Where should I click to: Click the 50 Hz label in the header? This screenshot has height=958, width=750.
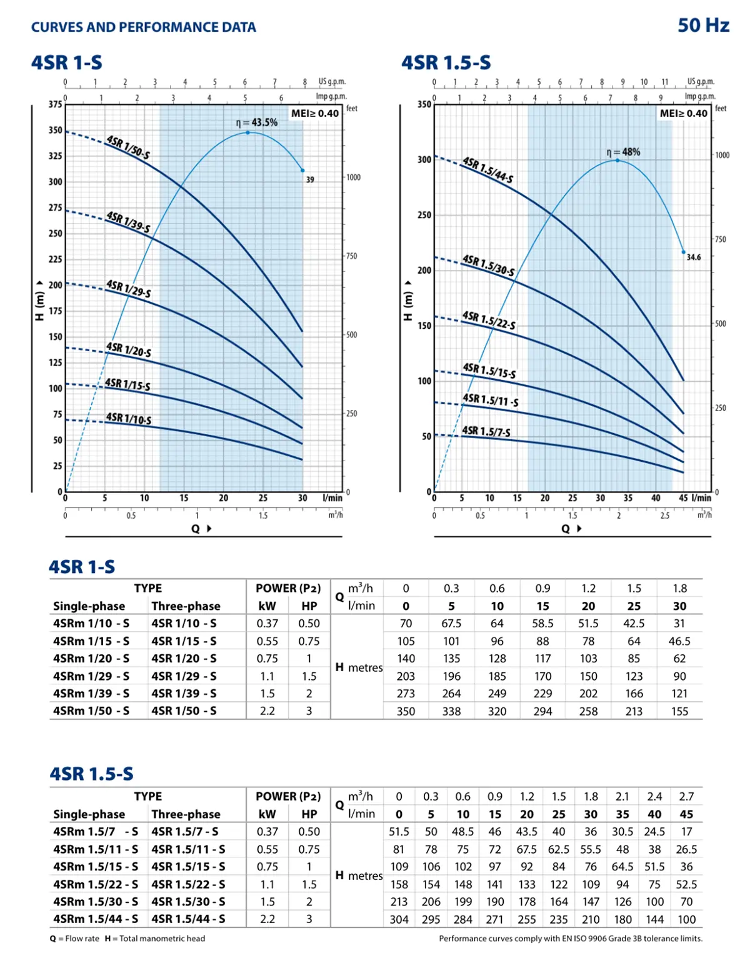click(x=703, y=25)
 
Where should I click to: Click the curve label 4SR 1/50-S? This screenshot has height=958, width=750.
click(x=128, y=147)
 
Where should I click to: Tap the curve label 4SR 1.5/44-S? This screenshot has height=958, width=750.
click(x=487, y=170)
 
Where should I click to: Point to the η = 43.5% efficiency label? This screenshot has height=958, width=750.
click(x=257, y=122)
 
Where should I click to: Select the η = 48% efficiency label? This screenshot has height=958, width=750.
click(x=623, y=152)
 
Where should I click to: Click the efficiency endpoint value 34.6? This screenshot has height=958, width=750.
click(x=693, y=257)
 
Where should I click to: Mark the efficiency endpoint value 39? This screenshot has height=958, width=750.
click(x=310, y=179)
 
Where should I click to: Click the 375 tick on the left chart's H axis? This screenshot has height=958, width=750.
click(x=56, y=104)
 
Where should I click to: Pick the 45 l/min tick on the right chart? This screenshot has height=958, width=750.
click(x=683, y=498)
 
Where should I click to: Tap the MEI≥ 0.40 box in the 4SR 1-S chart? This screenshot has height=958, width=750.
click(x=315, y=113)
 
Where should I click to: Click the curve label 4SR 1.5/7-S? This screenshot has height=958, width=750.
click(x=486, y=431)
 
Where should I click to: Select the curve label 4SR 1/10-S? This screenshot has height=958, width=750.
click(x=129, y=418)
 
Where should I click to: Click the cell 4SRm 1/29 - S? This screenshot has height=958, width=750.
click(x=91, y=676)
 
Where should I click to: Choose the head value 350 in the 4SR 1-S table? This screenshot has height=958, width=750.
click(x=406, y=711)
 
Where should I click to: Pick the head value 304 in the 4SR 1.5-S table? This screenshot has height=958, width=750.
click(x=399, y=919)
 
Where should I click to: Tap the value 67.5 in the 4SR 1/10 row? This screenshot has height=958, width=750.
click(x=451, y=624)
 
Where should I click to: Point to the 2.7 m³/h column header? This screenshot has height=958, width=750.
click(x=686, y=797)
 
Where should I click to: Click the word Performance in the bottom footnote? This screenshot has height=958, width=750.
click(x=462, y=938)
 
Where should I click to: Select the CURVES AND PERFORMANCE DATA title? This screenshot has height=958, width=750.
click(x=144, y=27)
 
